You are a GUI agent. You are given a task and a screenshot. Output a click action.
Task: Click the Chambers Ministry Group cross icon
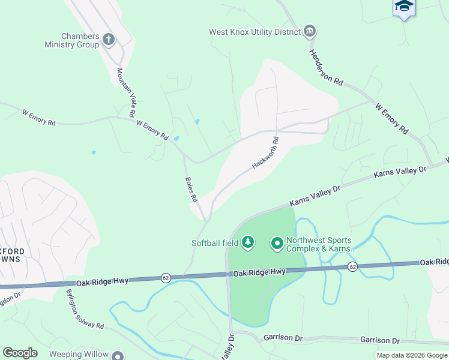109,40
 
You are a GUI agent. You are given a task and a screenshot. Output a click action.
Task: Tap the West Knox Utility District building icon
310,31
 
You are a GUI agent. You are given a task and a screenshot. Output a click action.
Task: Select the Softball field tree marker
247,243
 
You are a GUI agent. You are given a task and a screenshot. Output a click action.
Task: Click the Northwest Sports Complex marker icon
277,243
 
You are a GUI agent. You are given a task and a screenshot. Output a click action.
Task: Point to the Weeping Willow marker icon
118,356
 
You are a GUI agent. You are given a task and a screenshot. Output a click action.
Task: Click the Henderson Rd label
326,65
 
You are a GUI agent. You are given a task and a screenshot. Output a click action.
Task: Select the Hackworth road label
266,153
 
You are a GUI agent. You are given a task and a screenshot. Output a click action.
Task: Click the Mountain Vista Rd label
125,92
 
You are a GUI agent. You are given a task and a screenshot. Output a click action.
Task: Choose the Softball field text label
214,243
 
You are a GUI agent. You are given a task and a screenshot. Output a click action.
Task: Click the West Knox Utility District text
255,32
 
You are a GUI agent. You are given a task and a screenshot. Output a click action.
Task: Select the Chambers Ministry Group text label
71,40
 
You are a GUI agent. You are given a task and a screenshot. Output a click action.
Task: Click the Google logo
20,353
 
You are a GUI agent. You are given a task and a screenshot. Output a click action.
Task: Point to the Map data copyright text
411,355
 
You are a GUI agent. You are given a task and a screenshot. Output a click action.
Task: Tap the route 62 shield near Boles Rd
165,278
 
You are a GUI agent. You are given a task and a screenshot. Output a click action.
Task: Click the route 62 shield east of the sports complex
352,266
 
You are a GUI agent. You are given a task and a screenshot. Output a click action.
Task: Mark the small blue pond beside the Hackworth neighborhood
197,122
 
